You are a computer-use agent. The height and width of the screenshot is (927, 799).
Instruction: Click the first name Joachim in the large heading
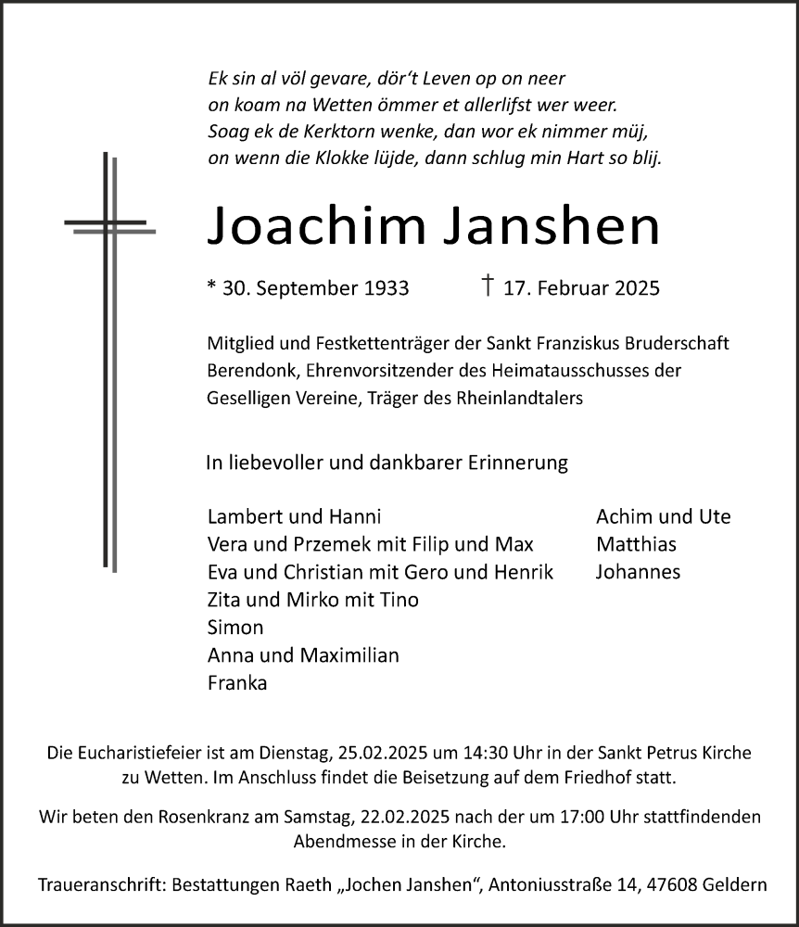click(314, 226)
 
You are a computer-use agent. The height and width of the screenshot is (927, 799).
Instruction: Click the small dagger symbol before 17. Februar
click(488, 286)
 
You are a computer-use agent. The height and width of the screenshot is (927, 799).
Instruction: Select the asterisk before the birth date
click(211, 286)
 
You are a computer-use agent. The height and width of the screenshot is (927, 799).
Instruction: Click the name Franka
click(237, 683)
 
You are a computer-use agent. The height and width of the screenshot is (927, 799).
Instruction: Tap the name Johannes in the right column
click(639, 572)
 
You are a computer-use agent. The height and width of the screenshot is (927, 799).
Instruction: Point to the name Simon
click(235, 628)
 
